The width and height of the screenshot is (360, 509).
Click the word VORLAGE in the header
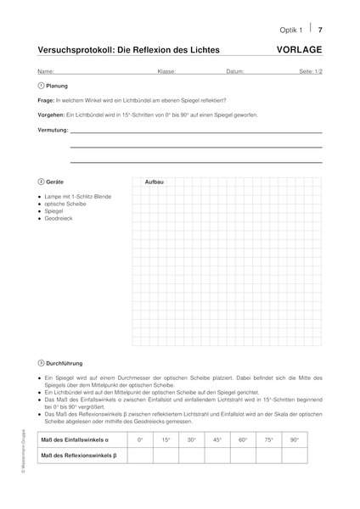point(300,50)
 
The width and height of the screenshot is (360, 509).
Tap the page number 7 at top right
point(320,29)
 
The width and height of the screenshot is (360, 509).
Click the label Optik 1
point(292,29)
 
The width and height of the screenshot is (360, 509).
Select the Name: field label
point(46,71)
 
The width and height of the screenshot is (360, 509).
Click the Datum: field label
point(236,71)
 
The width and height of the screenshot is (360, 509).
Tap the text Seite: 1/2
point(308,71)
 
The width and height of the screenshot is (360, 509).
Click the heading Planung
point(58,86)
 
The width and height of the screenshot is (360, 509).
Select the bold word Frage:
point(47,99)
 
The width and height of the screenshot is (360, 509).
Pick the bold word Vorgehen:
point(51,114)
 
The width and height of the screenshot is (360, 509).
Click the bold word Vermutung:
point(53,132)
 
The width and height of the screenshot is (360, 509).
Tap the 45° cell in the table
point(218,439)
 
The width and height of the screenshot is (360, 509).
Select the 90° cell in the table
point(295,439)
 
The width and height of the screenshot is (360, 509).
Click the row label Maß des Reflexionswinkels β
point(78,456)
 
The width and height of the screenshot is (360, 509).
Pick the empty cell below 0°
point(141,456)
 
